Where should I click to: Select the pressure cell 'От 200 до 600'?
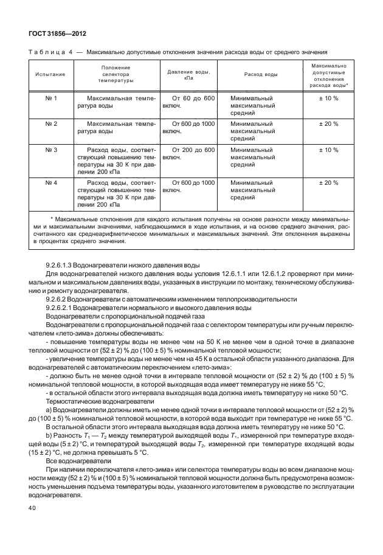(x=193, y=150)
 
